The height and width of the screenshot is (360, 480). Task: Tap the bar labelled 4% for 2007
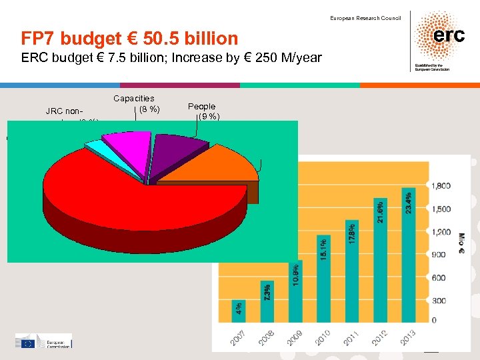pyautogui.click(x=238, y=307)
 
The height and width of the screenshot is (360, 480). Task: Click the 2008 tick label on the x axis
pyautogui.click(x=267, y=337)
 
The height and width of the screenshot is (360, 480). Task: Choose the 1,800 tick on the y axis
pyautogui.click(x=441, y=185)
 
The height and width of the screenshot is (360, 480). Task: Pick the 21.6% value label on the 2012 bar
pyautogui.click(x=379, y=212)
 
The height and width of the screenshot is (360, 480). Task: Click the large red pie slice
pyautogui.click(x=133, y=207)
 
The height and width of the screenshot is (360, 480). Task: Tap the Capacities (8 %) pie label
pyautogui.click(x=137, y=103)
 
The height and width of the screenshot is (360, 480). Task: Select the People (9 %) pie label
pyautogui.click(x=203, y=111)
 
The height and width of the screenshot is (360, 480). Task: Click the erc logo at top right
pyautogui.click(x=440, y=37)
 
